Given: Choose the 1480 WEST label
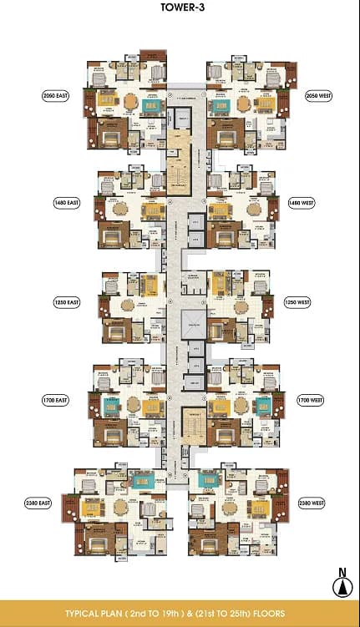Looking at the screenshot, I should tap(302, 202).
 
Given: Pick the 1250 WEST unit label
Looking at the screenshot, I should tap(298, 302).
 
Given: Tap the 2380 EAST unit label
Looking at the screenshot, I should tap(40, 503).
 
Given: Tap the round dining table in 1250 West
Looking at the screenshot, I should tap(241, 306).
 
